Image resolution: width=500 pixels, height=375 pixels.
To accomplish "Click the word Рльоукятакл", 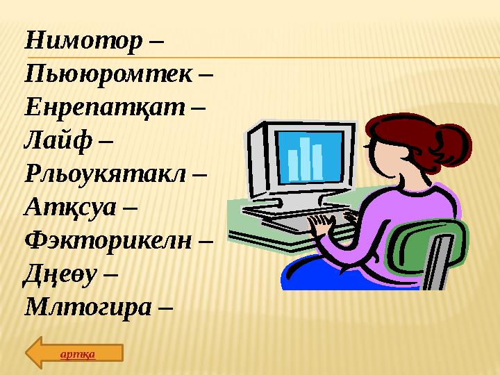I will click(x=105, y=173).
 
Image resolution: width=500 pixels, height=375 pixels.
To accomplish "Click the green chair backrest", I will click(x=424, y=257).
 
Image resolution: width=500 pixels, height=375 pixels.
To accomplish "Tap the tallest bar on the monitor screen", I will click(x=305, y=156).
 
